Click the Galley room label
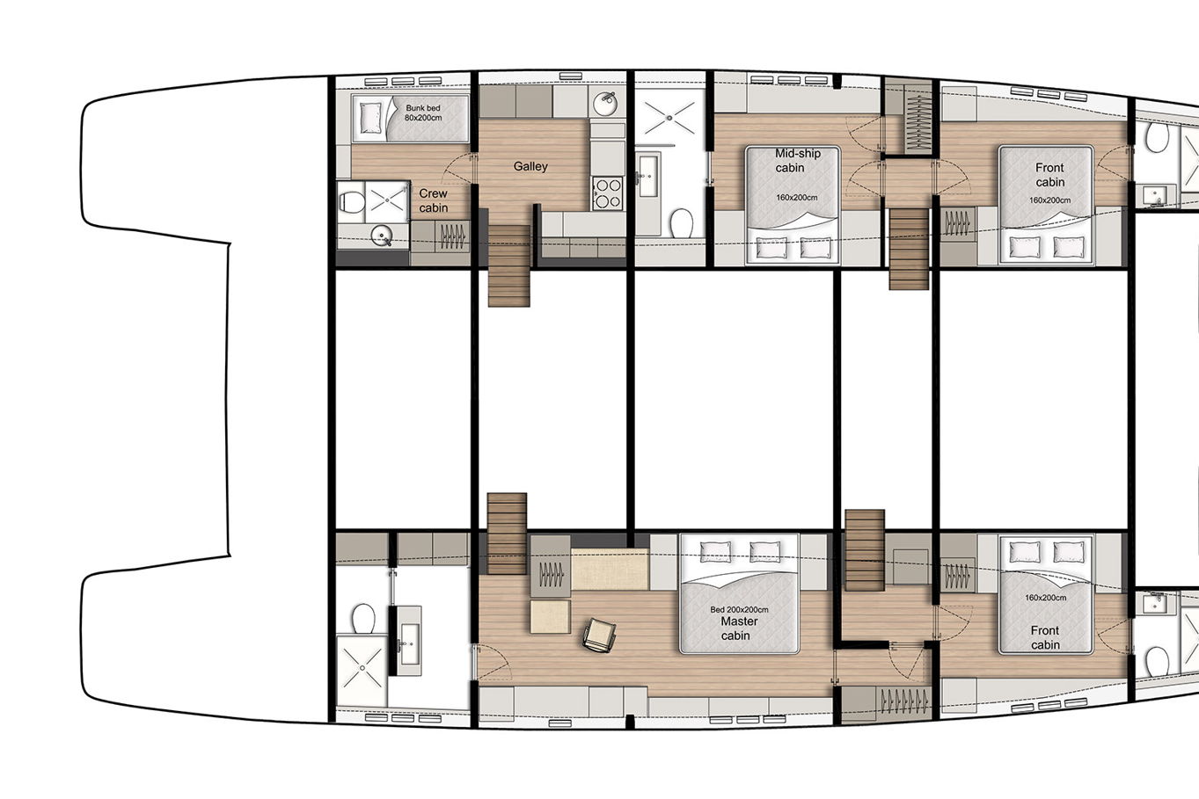coord(530,166)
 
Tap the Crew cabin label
coord(433,200)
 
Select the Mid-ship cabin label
coord(798,161)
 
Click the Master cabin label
coord(739,628)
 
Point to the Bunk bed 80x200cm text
coord(423,113)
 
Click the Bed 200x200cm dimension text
coord(739,609)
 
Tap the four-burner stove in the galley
coord(608,193)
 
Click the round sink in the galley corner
coord(606,102)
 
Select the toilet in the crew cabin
coord(351,202)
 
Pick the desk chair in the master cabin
coord(599,635)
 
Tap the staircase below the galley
coord(509,265)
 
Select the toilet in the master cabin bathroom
coord(363,619)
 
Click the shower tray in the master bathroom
coord(362,669)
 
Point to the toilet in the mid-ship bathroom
coord(682,222)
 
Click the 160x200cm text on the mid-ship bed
coord(797,198)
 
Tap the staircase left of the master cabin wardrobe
coord(507,534)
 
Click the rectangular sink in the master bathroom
coord(410,635)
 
